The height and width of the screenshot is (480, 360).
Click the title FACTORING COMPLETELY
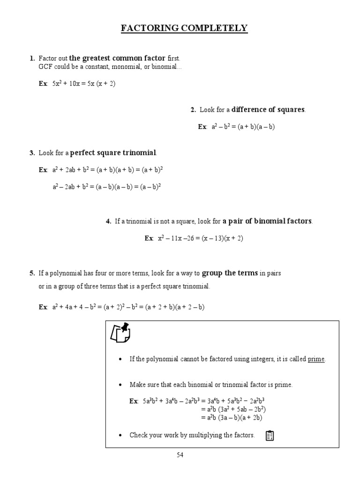[184, 29]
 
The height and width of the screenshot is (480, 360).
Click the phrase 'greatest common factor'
[117, 58]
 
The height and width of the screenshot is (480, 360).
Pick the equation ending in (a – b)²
[107, 187]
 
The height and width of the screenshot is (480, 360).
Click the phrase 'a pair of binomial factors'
[267, 221]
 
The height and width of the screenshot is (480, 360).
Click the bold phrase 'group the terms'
[230, 273]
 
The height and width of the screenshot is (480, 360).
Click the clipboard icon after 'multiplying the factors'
[270, 435]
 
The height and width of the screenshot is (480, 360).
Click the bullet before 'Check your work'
[120, 435]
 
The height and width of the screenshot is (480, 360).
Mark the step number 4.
[108, 222]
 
